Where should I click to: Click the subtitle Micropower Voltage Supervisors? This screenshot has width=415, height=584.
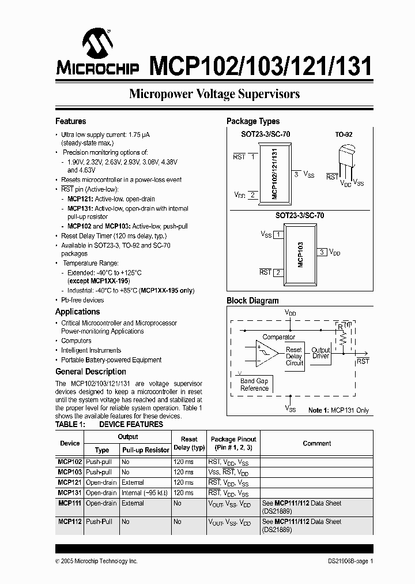(214, 94)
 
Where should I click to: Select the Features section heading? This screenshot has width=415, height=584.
(70, 121)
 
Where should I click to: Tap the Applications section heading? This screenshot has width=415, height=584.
(77, 312)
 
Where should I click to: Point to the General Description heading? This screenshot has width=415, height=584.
(90, 372)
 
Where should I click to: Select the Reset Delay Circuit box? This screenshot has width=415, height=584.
(294, 356)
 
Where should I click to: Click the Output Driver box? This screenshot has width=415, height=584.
(320, 353)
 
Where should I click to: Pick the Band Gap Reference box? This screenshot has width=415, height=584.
(254, 384)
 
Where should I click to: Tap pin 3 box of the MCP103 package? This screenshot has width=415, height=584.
(322, 252)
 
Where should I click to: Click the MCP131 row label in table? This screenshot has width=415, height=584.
(70, 493)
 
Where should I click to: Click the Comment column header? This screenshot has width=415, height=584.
(317, 443)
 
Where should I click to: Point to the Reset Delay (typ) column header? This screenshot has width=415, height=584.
(189, 443)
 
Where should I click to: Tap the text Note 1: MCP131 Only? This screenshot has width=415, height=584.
(339, 410)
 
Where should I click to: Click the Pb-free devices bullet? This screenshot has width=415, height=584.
(82, 300)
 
